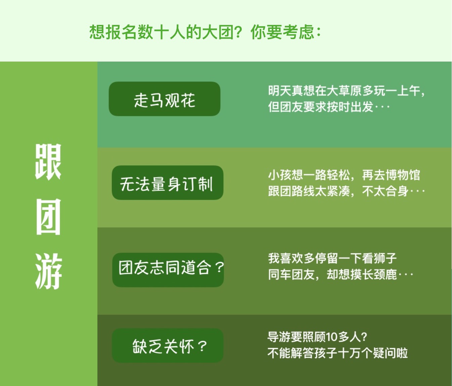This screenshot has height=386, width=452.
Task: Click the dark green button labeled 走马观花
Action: pos(165,99)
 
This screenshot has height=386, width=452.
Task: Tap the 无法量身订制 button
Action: pos(168,183)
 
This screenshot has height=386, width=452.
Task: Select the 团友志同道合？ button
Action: pos(168,270)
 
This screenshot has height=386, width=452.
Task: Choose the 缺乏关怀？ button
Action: pos(168,346)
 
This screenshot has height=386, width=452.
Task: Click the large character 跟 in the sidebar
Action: pos(48,162)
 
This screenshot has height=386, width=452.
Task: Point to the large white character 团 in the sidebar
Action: pos(48,217)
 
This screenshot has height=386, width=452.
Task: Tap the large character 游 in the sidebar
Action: pos(48,271)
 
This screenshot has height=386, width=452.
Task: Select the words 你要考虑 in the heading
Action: pos(282,32)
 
